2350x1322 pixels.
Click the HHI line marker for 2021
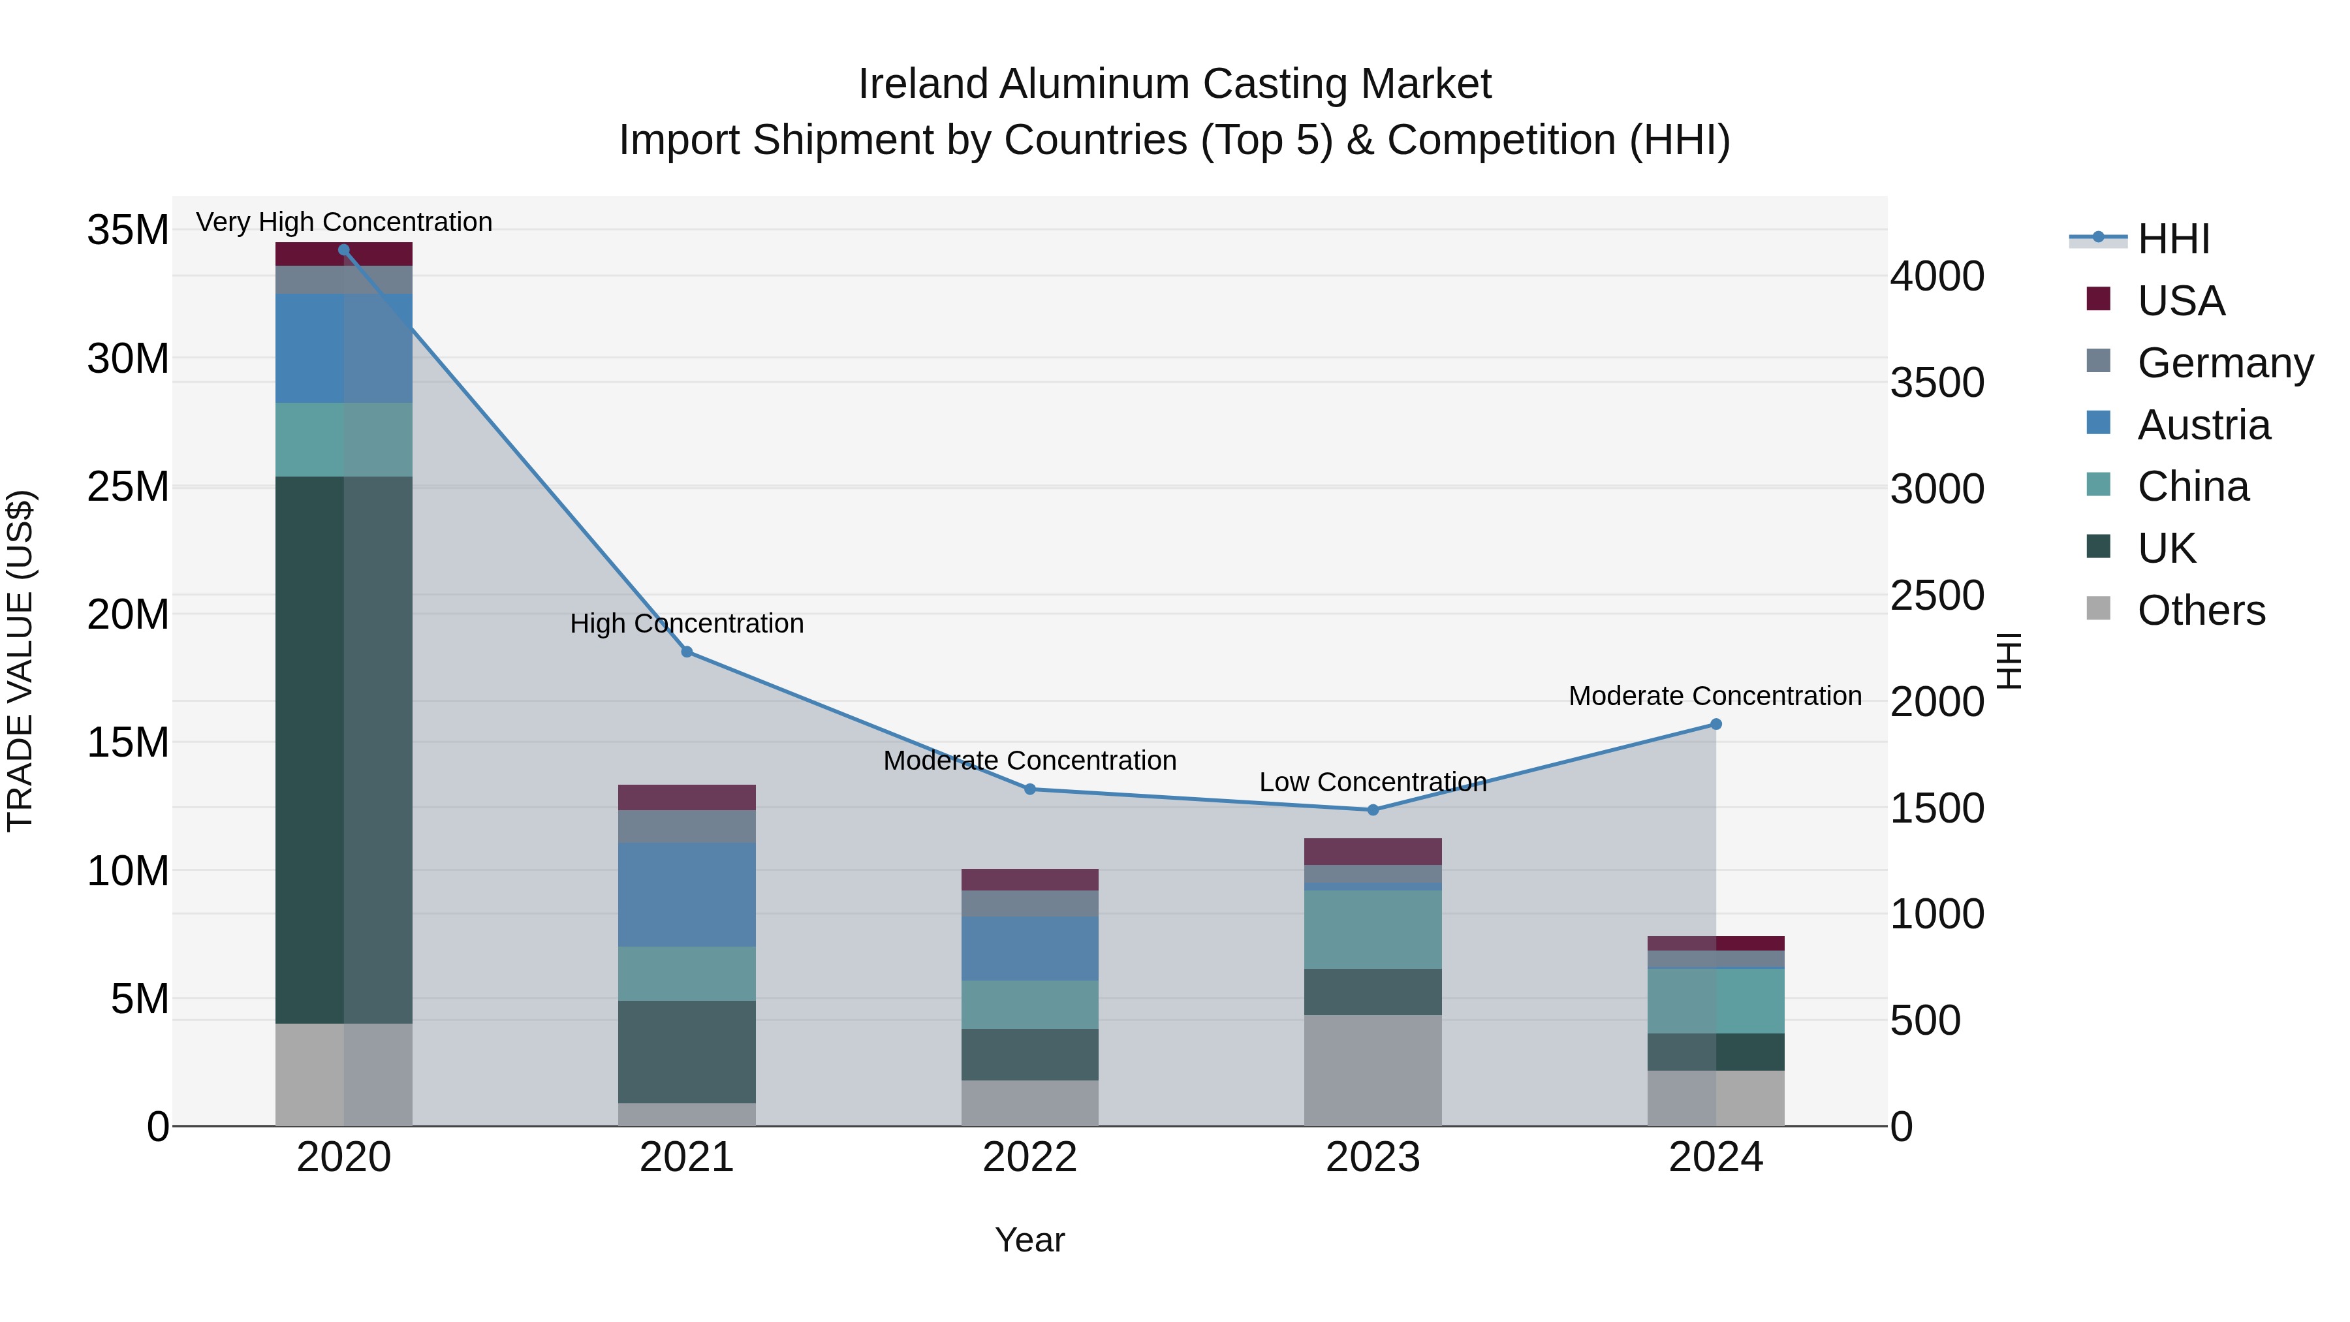pyautogui.click(x=687, y=652)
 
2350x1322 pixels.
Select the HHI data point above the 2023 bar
pyautogui.click(x=1372, y=810)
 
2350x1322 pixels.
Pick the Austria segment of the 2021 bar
pyautogui.click(x=687, y=894)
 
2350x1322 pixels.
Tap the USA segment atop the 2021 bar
pyautogui.click(x=687, y=797)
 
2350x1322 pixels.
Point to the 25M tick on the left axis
pyautogui.click(x=128, y=486)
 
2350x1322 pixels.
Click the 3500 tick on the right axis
pyautogui.click(x=1937, y=383)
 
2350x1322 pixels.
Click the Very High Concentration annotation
pyautogui.click(x=344, y=222)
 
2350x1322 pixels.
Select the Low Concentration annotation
pyautogui.click(x=1372, y=782)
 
